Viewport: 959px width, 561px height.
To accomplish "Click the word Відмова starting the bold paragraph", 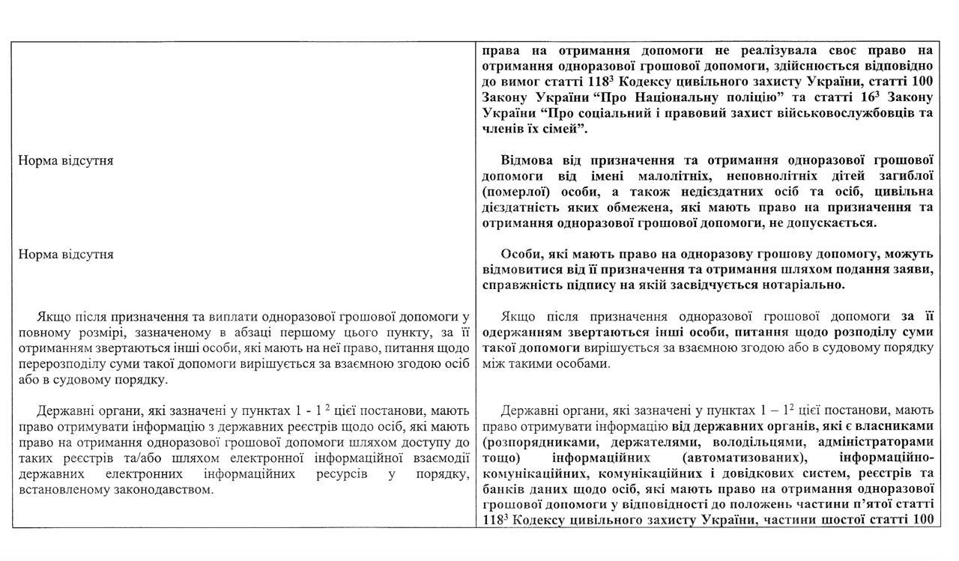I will [524, 160].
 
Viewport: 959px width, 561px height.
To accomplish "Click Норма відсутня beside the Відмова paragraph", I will [66, 160].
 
